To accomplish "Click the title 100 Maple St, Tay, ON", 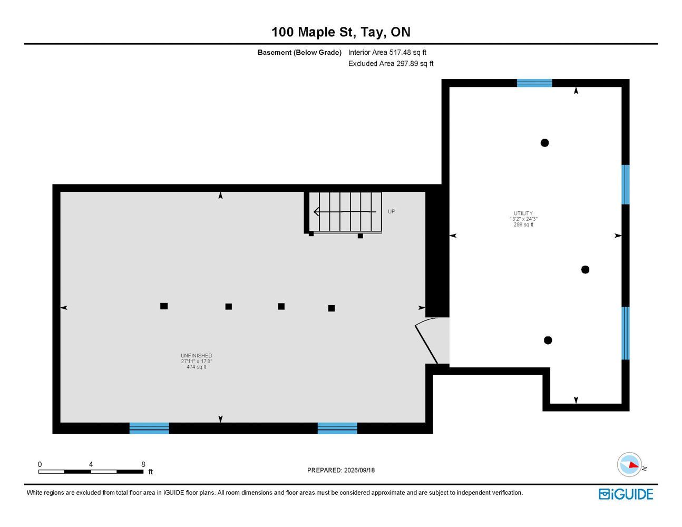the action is click(341, 32).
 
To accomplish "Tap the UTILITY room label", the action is click(523, 213).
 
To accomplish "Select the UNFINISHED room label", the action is click(197, 355).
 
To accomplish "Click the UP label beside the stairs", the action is click(392, 211).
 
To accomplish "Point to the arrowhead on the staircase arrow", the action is click(316, 212).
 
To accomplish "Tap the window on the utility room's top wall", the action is click(534, 83).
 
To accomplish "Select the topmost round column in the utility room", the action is click(544, 143).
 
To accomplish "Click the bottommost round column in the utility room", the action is click(548, 340).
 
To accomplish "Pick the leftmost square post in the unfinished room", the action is click(164, 306).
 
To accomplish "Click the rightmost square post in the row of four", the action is click(332, 308).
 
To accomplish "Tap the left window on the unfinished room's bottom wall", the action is click(149, 428).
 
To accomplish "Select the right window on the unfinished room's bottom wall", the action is click(337, 428).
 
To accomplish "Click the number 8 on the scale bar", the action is click(143, 464).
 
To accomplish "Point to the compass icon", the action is click(629, 464).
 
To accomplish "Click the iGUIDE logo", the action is click(626, 494).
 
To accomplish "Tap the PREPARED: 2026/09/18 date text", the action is click(341, 470).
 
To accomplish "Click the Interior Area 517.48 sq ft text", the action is click(387, 52).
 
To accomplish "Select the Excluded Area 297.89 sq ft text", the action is click(391, 63).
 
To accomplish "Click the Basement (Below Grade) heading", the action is click(299, 52).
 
